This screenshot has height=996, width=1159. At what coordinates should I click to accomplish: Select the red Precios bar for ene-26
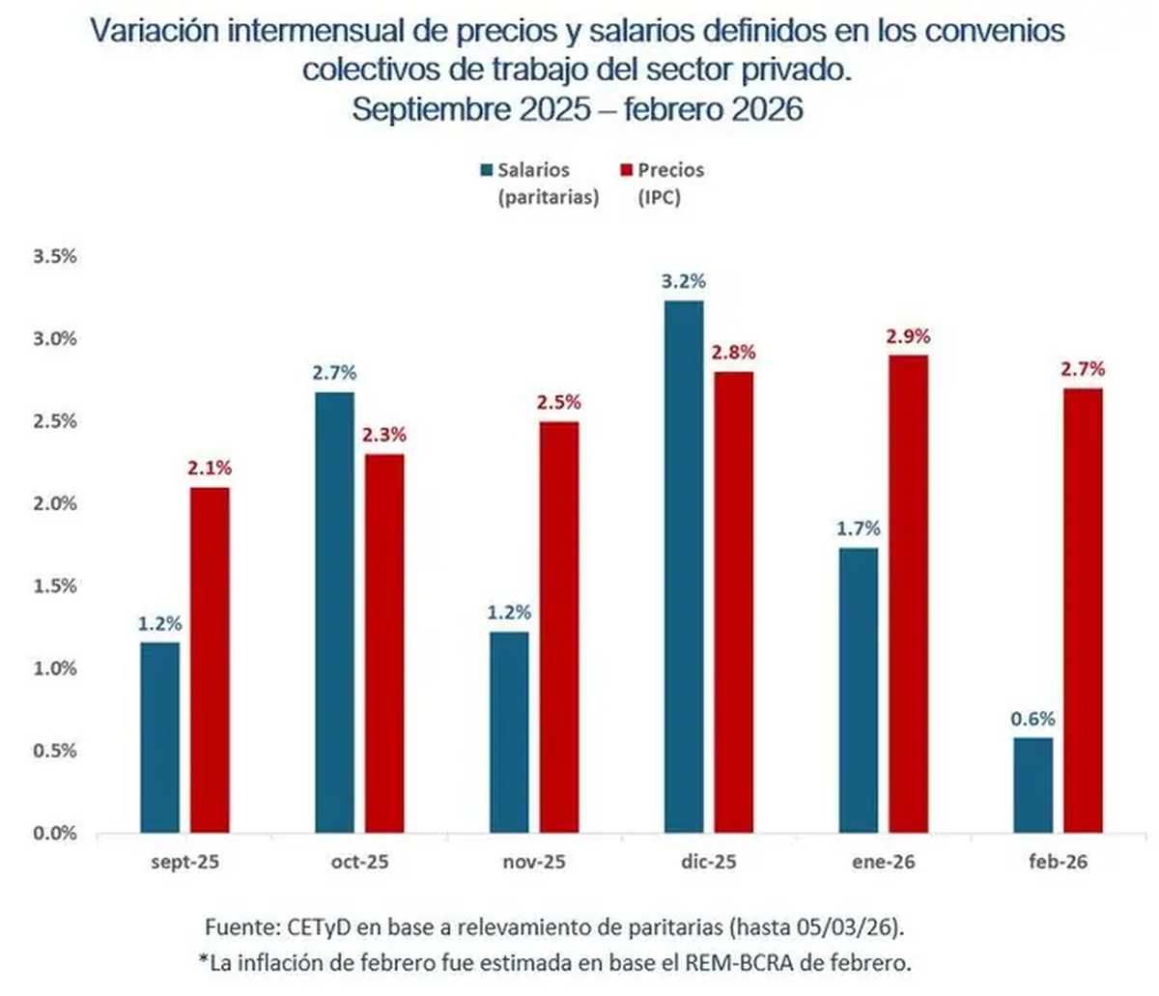(909, 593)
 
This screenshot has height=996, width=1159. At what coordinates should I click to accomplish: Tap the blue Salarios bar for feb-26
(1033, 784)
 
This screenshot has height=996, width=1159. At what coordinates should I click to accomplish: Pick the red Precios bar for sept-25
(210, 659)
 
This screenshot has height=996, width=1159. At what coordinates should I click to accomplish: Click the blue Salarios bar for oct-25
(334, 612)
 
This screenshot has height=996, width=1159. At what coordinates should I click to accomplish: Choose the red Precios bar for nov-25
(559, 626)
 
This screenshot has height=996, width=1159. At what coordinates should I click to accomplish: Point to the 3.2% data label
(684, 281)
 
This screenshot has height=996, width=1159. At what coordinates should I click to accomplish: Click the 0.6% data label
(1032, 719)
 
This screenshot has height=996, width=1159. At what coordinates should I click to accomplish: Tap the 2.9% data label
(909, 336)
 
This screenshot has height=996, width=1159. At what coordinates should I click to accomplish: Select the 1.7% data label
(859, 528)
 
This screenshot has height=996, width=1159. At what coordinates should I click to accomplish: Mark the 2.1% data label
(210, 468)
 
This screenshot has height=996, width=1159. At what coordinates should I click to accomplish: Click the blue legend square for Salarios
(486, 171)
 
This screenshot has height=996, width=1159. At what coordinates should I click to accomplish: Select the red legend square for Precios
(625, 171)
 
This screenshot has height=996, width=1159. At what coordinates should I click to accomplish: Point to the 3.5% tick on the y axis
(55, 257)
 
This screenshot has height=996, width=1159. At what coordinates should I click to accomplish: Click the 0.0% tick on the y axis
(55, 833)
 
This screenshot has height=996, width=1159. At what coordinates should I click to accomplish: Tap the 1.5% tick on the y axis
(55, 586)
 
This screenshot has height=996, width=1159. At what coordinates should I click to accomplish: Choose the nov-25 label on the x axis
(534, 862)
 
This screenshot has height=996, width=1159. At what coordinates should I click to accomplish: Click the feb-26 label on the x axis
(1058, 862)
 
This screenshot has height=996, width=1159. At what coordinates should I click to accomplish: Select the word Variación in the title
(154, 31)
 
